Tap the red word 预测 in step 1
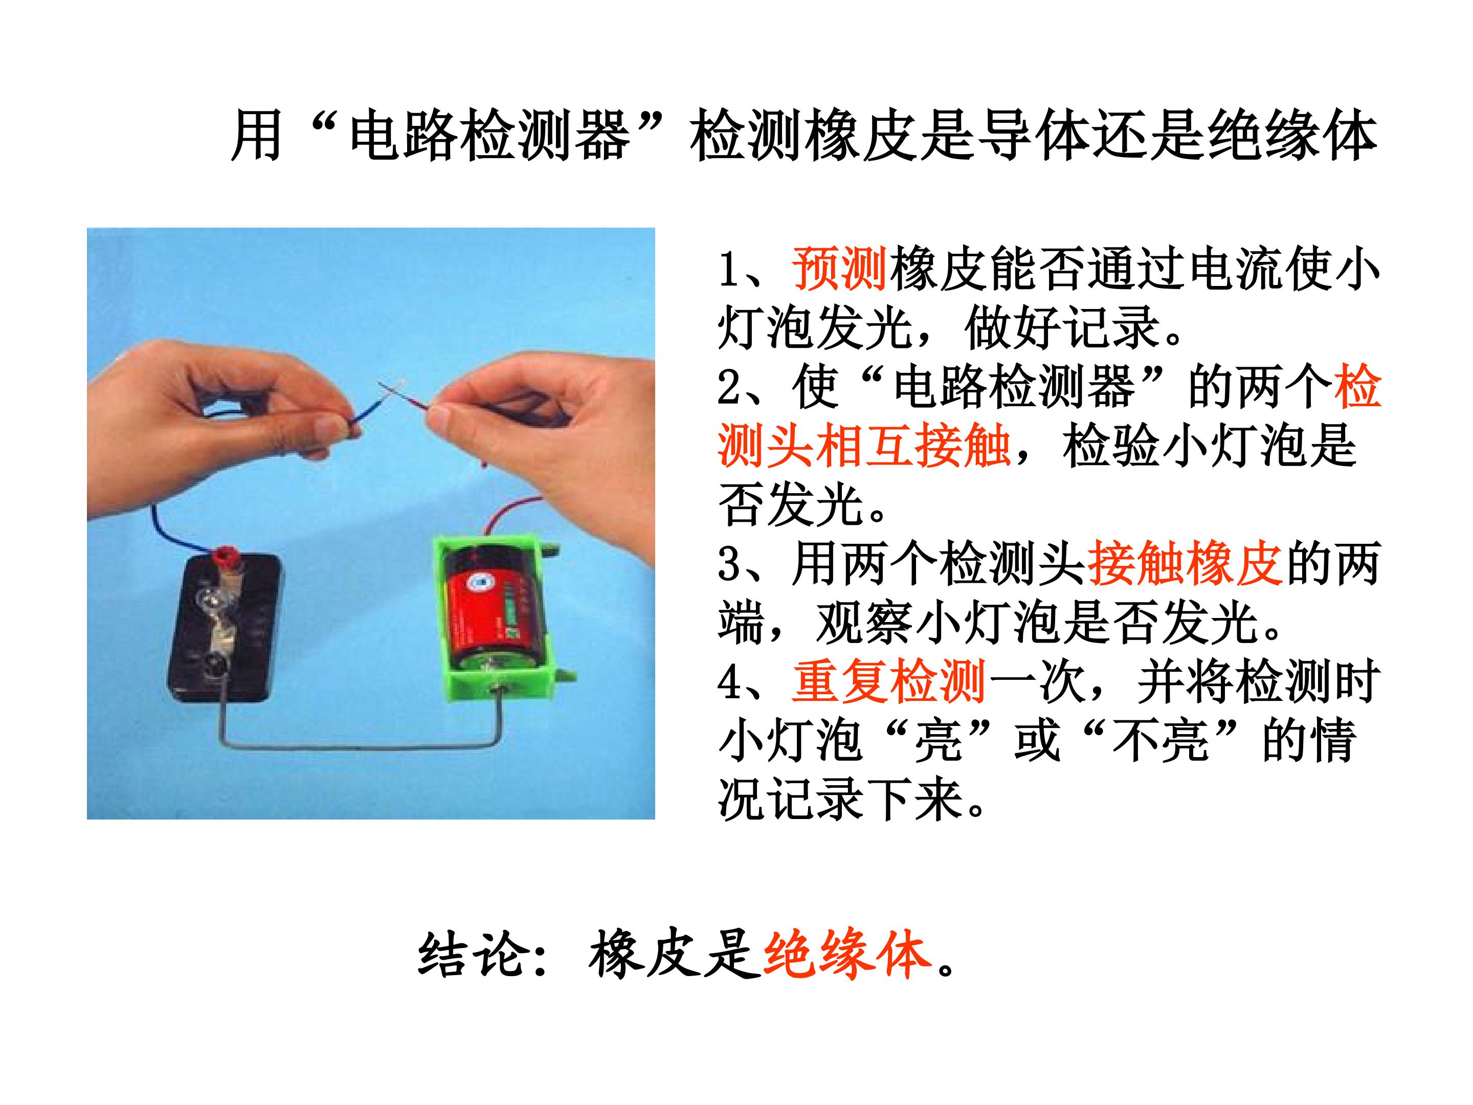tap(839, 269)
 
